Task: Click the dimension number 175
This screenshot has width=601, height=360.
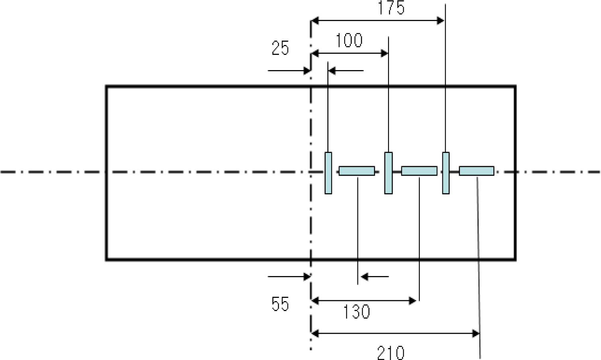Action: pos(392,8)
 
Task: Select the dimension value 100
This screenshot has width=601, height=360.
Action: pos(349,41)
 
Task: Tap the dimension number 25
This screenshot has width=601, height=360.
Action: pos(280,48)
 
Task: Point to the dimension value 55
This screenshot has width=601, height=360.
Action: pos(280,304)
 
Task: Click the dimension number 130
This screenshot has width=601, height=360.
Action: pos(357,312)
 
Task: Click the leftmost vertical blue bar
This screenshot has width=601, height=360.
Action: pos(328,173)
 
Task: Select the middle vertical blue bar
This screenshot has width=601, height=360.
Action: pos(388,173)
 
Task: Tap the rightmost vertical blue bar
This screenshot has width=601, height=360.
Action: pos(446,173)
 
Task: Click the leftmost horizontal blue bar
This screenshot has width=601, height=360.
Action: pos(357,171)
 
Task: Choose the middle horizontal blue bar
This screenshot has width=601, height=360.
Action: pos(419,171)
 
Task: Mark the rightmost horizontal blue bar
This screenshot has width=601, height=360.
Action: pos(477,171)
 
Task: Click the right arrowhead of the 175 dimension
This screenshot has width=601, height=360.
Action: pos(441,21)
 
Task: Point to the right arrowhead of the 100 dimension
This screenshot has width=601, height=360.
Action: pos(384,53)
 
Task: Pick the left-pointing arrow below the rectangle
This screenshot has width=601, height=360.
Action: pos(364,276)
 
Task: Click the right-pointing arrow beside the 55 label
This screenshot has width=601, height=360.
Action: pos(306,276)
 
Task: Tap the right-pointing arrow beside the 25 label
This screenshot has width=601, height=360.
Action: pos(306,71)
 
